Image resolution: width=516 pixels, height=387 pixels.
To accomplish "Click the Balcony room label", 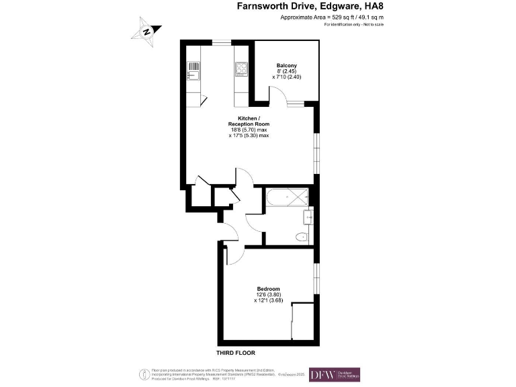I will pos(286,65).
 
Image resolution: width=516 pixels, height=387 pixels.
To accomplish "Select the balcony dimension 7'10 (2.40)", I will pos(287,77).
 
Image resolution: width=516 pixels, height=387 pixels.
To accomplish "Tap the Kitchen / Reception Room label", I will pos(249,121).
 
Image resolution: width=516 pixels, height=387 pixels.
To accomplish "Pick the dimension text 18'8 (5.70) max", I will pos(249,130).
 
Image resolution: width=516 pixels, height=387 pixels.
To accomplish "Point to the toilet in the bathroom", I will pos(301,236).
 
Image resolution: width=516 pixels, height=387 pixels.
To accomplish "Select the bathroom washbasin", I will pos(308,216).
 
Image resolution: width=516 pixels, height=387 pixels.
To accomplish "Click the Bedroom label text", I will pos(267,289).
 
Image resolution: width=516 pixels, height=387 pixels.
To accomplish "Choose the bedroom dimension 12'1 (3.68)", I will pos(267,301).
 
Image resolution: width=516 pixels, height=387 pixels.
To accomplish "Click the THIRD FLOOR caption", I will pos(235,353).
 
